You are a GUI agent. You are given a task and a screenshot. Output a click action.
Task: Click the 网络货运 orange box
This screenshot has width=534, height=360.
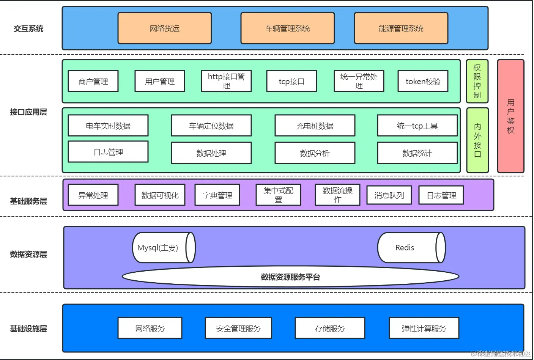point(164,28)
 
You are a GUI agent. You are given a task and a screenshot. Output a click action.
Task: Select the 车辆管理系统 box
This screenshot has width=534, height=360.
point(287,28)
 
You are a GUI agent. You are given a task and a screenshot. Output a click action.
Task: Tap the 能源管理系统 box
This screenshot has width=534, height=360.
point(401,28)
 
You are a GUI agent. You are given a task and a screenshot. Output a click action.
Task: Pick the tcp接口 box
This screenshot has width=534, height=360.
point(291,81)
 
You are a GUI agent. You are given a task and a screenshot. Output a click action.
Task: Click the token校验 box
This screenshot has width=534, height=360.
point(423,81)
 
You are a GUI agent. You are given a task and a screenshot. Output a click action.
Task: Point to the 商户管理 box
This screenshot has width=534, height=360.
point(93,81)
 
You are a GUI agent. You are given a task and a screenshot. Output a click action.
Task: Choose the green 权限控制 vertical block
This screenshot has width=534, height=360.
point(477,81)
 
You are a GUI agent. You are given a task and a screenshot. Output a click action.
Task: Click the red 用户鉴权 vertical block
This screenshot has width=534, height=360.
point(510,116)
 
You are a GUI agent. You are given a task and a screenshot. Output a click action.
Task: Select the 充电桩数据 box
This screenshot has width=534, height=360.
point(315,126)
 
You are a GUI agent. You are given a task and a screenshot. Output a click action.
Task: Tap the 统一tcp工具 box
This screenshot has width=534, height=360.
point(417,126)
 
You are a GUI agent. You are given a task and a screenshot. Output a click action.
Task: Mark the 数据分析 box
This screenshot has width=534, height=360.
point(315,153)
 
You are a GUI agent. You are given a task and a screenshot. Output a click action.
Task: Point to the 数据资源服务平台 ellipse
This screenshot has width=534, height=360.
point(290,277)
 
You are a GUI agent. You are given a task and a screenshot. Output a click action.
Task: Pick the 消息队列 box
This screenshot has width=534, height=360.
point(389,195)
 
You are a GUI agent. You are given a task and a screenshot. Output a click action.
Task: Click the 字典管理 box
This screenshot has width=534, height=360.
point(217,195)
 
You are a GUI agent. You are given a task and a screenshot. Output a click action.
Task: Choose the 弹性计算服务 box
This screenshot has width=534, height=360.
point(424,328)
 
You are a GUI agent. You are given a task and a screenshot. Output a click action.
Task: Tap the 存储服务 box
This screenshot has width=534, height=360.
point(329,328)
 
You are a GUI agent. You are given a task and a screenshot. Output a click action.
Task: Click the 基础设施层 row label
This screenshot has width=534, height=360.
point(28,329)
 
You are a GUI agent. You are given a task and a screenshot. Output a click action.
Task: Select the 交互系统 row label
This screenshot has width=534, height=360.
point(28,28)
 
